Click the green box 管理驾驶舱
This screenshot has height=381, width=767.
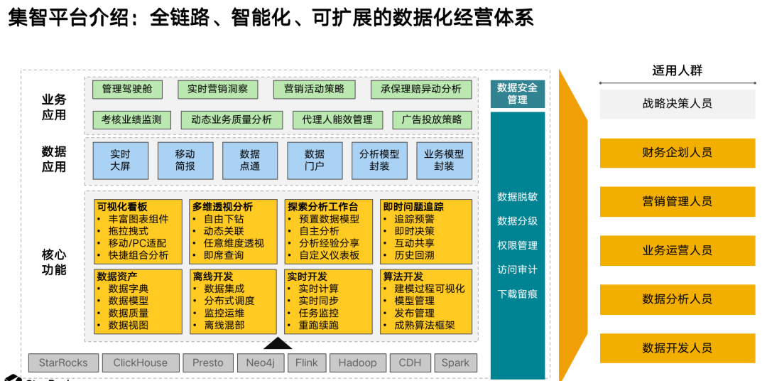click(127, 89)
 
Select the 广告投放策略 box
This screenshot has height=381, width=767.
click(432, 119)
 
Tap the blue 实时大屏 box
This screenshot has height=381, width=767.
click(121, 160)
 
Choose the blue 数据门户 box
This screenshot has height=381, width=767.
click(314, 160)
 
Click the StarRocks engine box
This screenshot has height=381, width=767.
click(63, 363)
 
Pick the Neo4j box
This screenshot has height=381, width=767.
click(261, 363)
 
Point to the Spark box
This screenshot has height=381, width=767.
click(455, 363)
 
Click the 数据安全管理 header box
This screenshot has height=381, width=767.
click(517, 94)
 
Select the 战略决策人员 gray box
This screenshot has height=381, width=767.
click(677, 104)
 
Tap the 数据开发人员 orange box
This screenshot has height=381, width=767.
click(677, 348)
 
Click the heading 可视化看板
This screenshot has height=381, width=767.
click(122, 207)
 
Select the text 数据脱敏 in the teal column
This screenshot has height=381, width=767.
click(517, 197)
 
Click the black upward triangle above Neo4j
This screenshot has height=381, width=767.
click(278, 344)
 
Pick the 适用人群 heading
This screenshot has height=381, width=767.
click(677, 70)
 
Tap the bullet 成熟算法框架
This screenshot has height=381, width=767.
click(425, 326)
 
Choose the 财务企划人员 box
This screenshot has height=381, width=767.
click(677, 153)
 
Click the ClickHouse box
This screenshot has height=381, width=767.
click(141, 363)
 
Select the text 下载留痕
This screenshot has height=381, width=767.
click(517, 294)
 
